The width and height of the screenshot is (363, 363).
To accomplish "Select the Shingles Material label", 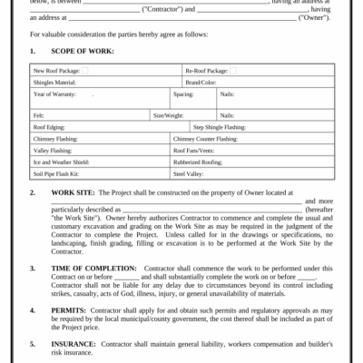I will point(53,82).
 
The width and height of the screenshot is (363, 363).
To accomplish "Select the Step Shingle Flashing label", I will point(221,128).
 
